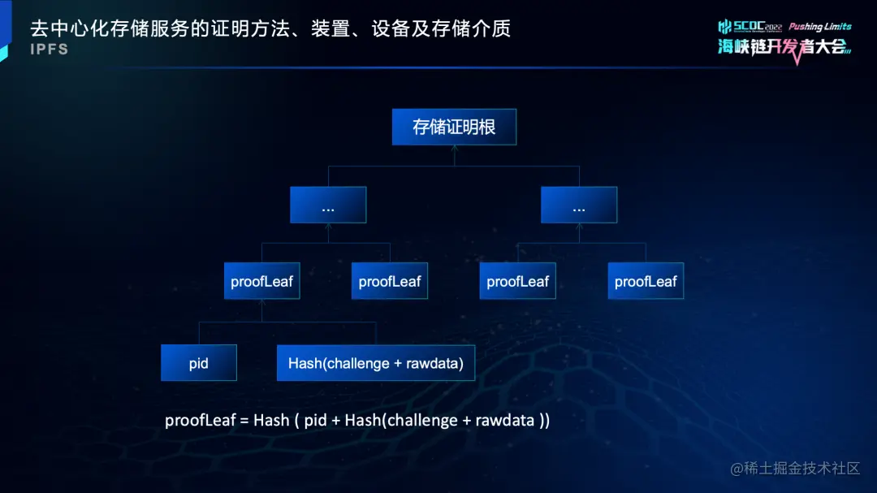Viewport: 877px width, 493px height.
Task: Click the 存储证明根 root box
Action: point(454,127)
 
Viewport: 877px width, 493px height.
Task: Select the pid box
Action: point(199,363)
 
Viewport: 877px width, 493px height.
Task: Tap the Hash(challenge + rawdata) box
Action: point(375,363)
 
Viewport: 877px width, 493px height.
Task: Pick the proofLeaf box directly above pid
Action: point(261,282)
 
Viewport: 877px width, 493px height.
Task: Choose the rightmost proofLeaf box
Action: point(646,282)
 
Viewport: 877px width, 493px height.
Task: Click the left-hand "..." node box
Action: point(328,205)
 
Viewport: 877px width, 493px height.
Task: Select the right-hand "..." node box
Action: point(579,205)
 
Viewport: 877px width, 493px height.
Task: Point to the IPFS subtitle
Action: point(50,50)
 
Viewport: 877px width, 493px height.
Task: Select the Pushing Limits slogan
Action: point(819,27)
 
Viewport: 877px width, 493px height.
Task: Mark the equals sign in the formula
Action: point(244,421)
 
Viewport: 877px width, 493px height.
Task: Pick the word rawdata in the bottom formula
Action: point(504,420)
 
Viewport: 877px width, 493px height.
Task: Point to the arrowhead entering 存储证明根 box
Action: point(454,147)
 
